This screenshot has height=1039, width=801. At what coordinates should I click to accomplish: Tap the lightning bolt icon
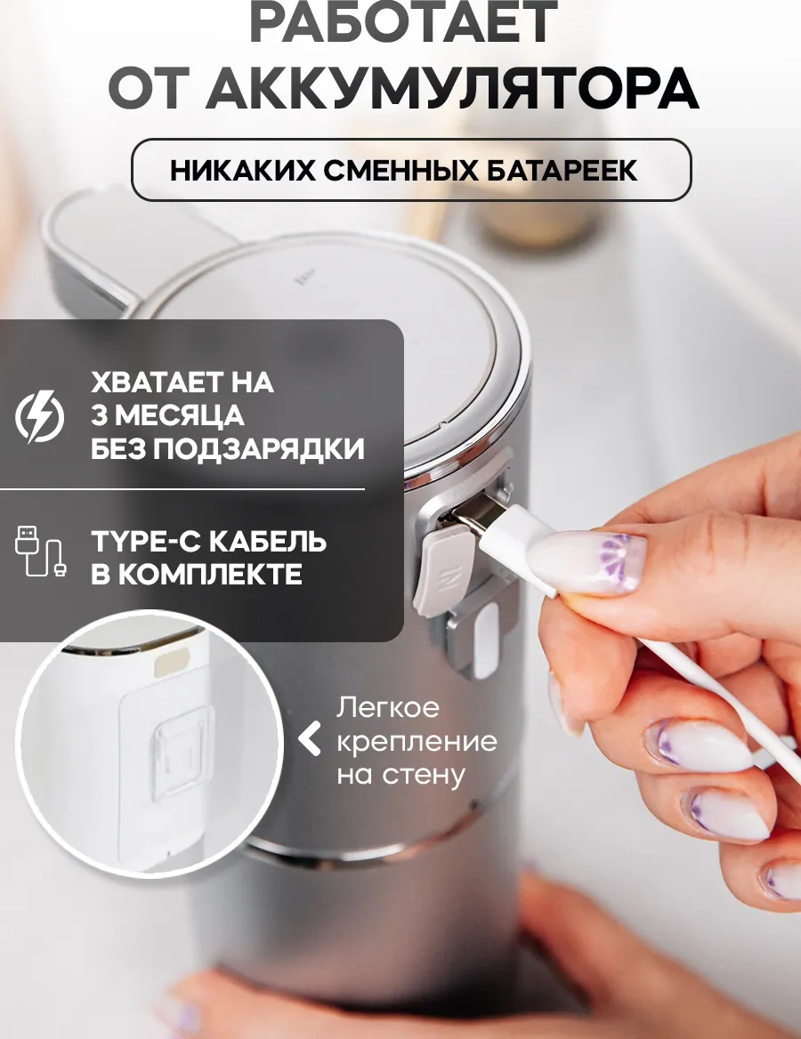(x=40, y=417)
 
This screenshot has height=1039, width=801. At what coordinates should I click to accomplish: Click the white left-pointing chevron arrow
(x=310, y=739)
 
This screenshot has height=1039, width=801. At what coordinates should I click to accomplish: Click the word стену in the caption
(x=431, y=773)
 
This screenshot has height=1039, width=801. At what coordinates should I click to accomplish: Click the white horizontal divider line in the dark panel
(x=182, y=488)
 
